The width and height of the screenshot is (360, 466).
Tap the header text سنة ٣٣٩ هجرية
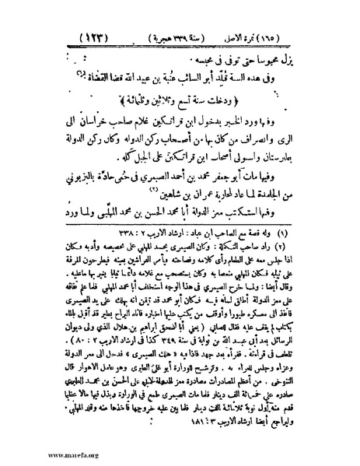click(192, 37)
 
